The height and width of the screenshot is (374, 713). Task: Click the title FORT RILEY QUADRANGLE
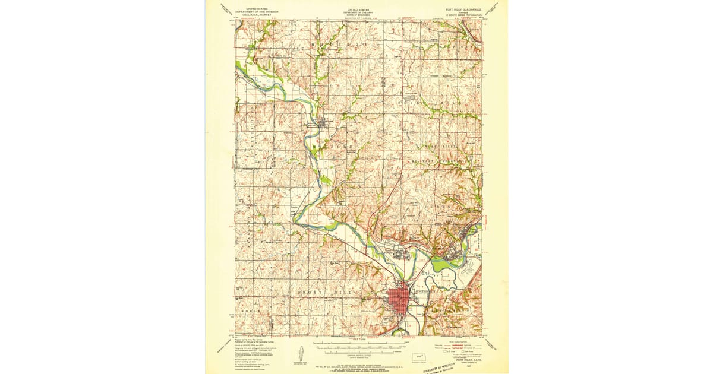click(x=463, y=10)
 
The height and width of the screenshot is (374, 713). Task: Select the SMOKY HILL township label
click(x=321, y=293)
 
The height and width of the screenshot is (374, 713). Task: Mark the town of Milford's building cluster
click(x=323, y=123)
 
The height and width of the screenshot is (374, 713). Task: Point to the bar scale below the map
click(x=356, y=344)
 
